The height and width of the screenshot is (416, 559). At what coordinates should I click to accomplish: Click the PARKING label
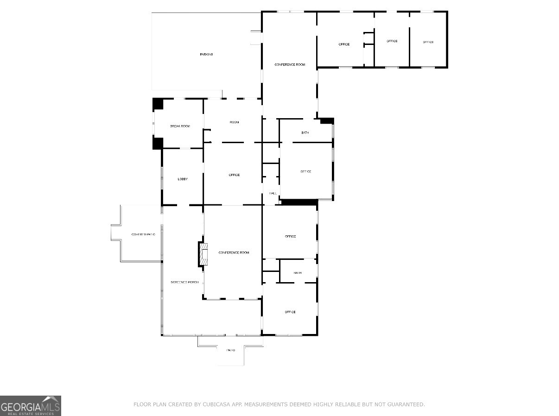tap(206, 55)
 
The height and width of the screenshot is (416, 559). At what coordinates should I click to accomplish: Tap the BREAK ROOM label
tap(180, 126)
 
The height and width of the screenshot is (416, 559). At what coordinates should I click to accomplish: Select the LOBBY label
tap(183, 179)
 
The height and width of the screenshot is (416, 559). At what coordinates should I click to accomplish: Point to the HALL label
tap(273, 193)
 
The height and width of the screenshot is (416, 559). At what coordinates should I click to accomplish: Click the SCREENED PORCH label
tap(184, 282)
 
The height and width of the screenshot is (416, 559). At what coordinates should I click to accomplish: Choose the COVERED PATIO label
tap(143, 235)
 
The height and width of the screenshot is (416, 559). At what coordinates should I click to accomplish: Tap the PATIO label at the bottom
tap(230, 350)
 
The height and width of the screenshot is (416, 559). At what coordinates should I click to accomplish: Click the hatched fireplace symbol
tap(203, 254)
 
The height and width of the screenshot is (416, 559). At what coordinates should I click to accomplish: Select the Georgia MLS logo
tap(31, 406)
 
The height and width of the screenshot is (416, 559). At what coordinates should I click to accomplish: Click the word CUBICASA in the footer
tap(218, 404)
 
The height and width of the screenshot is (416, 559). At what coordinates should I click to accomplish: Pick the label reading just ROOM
tap(234, 122)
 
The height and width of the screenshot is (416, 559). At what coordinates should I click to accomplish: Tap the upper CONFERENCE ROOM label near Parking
tap(290, 64)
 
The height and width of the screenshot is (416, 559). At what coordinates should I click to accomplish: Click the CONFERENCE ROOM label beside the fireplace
tap(234, 252)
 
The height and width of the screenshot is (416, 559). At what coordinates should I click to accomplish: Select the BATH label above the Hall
tap(305, 133)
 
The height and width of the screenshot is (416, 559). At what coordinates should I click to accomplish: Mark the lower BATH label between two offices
tap(297, 273)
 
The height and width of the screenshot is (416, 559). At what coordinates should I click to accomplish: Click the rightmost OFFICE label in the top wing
tap(428, 42)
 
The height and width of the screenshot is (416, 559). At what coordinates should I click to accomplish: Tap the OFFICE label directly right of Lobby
tap(234, 175)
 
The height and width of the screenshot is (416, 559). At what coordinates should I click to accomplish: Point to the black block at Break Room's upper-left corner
tap(158, 104)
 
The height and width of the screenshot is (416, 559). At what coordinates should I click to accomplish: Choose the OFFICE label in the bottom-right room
tap(290, 312)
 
